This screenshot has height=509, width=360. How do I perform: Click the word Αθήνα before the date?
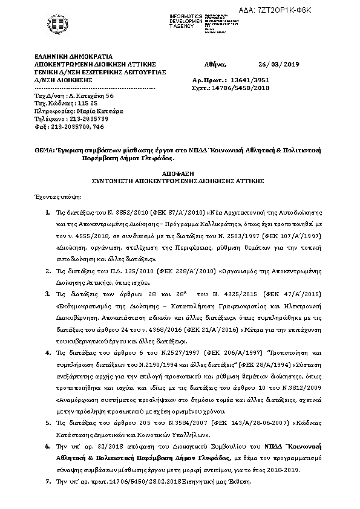tap(216, 63)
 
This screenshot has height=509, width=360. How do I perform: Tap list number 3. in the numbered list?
tap(48, 294)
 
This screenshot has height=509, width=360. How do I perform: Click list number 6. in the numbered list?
tap(48, 446)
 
